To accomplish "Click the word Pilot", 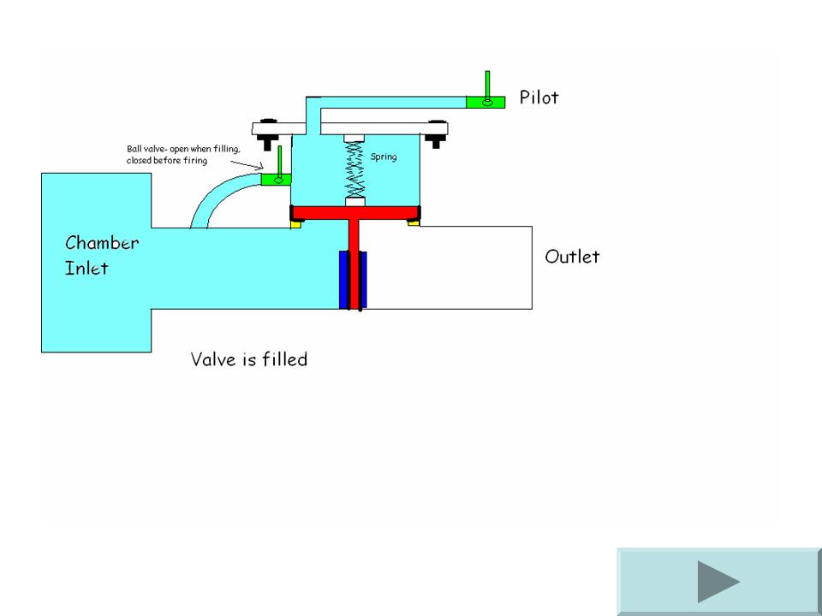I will tap(539, 98).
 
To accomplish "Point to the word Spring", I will tap(384, 157).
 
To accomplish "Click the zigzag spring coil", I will tap(354, 171).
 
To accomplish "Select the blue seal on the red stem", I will tap(353, 280).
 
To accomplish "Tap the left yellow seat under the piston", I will tap(297, 222).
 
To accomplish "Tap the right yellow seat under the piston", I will tap(413, 222).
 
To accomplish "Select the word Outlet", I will tap(572, 257).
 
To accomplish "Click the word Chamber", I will tap(102, 242).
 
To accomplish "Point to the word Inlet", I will tap(86, 269).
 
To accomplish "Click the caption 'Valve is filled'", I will tap(248, 359).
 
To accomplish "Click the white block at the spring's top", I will tap(354, 139).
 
